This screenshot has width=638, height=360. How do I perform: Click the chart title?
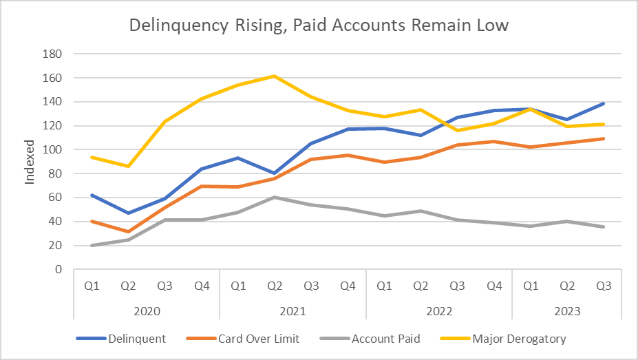pos(319,26)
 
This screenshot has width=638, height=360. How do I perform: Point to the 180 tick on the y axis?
pos(52,54)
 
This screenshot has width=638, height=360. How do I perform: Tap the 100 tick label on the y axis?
pos(52,149)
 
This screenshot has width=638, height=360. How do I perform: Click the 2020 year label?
pos(146,310)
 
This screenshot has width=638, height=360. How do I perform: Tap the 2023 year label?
pos(566,310)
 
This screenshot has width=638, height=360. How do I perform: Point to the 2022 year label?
pos(438,310)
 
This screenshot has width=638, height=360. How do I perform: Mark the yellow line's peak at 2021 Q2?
pos(274,76)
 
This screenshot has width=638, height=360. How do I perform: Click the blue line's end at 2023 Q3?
pos(604,104)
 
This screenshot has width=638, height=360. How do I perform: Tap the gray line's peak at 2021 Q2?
pos(274,198)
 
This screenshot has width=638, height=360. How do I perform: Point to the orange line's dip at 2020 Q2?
pos(127,232)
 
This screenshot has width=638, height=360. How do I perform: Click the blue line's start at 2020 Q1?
pos(91,195)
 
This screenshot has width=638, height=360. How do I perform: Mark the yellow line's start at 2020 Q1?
pos(91,157)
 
